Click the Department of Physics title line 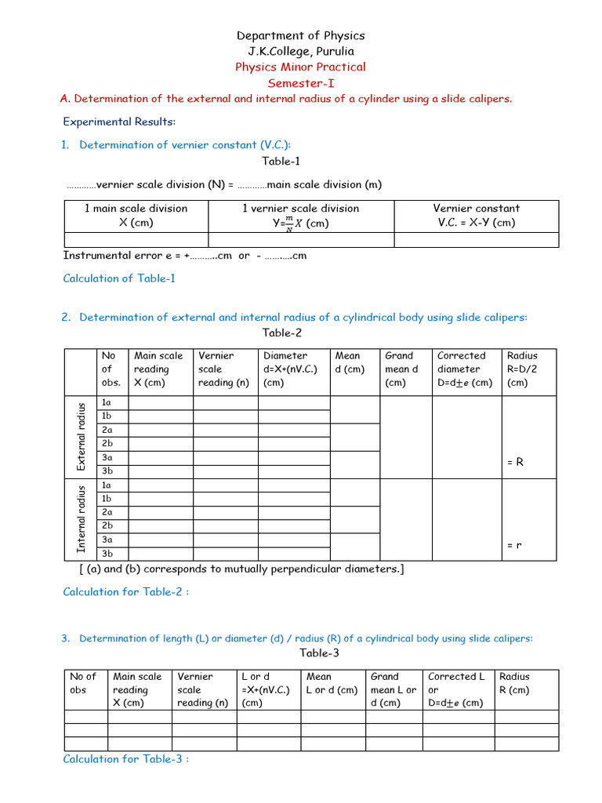pos(301,35)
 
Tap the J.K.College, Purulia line pos(301,51)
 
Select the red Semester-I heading pos(301,82)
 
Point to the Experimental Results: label pos(119,122)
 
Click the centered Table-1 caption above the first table pos(281,161)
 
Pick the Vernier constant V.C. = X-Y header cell pos(476,216)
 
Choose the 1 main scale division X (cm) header pos(136,216)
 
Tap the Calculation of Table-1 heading pos(119,278)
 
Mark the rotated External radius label pos(81,437)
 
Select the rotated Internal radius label pos(81,519)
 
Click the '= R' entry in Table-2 pos(515,463)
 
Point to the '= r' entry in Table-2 pos(514,544)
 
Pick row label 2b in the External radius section pos(107,443)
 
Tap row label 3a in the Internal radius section pos(107,540)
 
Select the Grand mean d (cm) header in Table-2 pos(402,369)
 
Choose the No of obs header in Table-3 pos(84,683)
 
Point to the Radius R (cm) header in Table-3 pos(514,683)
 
